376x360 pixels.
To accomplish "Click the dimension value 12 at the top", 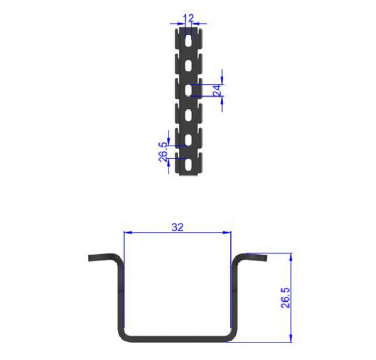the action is [x=188, y=18].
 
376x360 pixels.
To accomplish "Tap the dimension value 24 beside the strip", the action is [x=217, y=90].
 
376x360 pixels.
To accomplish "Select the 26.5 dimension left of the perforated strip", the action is [x=163, y=152].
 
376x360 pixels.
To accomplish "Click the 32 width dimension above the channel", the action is [x=177, y=227].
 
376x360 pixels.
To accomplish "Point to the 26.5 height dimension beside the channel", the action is [x=285, y=298].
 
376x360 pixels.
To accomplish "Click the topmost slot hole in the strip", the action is [x=189, y=41].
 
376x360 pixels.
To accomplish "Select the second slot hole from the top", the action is [x=189, y=65].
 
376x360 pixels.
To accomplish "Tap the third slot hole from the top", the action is [x=189, y=90].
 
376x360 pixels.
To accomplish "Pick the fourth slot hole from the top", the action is [x=189, y=115].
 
